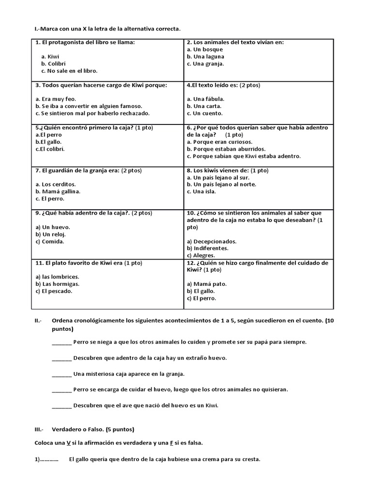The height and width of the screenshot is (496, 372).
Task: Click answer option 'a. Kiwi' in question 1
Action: click(x=50, y=57)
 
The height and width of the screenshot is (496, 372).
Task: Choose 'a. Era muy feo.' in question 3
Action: click(x=56, y=99)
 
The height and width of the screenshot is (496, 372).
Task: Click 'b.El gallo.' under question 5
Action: click(x=48, y=142)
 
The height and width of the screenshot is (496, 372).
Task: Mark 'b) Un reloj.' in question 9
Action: click(x=54, y=234)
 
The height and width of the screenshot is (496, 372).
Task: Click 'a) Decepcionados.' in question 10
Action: click(x=212, y=241)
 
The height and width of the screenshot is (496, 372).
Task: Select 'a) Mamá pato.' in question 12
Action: click(x=206, y=284)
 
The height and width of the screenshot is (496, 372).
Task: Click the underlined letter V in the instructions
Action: click(x=69, y=443)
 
